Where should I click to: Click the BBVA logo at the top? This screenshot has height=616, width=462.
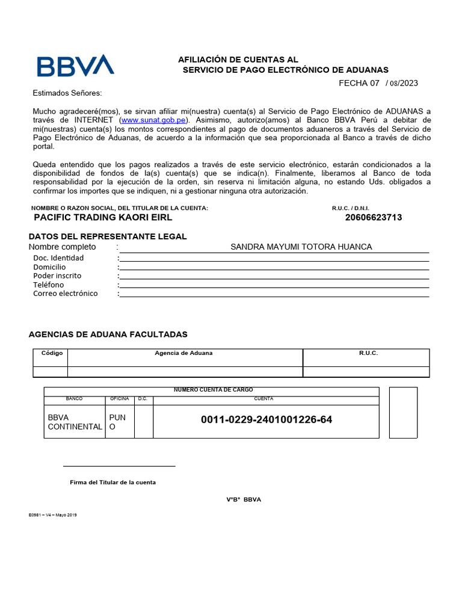click(75, 66)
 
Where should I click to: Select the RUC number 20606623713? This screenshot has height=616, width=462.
click(374, 217)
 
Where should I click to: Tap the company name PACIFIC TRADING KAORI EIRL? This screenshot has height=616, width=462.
click(103, 217)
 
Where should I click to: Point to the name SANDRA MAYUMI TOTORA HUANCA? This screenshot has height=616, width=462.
click(301, 247)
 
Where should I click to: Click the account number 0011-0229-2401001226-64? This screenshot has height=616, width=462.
click(266, 419)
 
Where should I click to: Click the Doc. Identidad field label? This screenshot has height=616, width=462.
click(58, 258)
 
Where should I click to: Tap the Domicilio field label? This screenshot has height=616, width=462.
click(49, 267)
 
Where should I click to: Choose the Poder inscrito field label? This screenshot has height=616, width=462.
click(57, 276)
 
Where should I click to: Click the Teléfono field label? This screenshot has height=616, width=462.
click(48, 285)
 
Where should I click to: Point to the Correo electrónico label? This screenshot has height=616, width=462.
click(65, 294)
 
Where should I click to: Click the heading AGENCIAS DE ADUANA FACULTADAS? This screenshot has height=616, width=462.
click(108, 334)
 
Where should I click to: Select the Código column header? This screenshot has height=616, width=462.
click(52, 353)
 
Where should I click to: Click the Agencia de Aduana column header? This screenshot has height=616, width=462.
click(183, 353)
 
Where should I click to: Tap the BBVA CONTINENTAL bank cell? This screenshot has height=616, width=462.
click(75, 422)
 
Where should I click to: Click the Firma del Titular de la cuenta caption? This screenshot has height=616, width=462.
click(112, 482)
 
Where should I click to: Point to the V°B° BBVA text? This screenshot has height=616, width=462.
click(244, 500)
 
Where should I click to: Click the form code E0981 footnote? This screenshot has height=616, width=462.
click(52, 515)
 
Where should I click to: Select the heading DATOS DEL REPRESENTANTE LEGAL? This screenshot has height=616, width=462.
click(108, 236)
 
